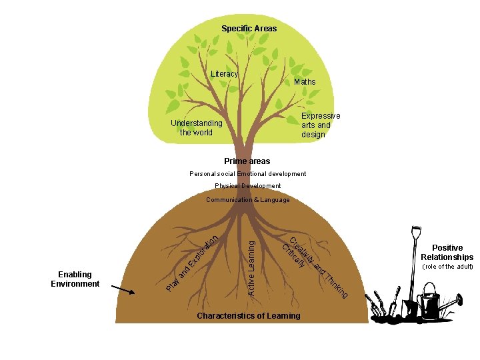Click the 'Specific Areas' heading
point(249,29)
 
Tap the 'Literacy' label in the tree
point(224,74)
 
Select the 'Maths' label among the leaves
point(305,82)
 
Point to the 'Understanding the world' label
point(197,127)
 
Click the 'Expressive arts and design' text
point(321,125)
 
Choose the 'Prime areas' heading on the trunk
point(247,161)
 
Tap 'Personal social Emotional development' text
point(247,174)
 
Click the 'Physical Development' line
point(247,186)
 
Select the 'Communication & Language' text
point(247,199)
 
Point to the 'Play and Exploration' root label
point(192,263)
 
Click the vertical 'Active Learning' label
point(251,268)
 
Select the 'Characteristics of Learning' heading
point(249,315)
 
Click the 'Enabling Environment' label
point(75,279)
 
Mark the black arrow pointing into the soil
point(123,289)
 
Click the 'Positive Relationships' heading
point(447,252)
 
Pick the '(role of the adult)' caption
point(447,266)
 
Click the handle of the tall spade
point(416,231)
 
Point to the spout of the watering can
point(453,301)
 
